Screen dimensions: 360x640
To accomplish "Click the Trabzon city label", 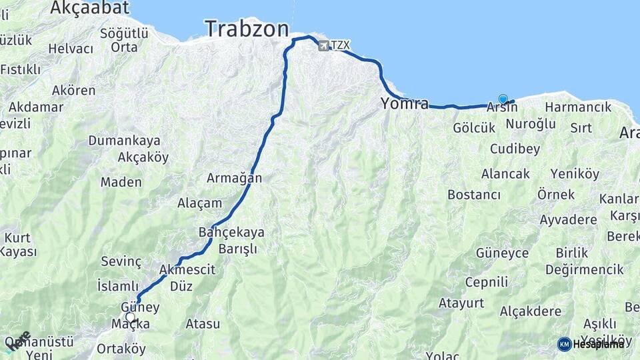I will point(247,29).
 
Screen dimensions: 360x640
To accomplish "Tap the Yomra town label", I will point(405,103).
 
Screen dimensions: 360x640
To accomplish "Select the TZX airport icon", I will point(324,45).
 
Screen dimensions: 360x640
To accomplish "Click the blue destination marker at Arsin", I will point(503,99).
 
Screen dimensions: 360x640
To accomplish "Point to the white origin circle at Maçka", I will point(129,317).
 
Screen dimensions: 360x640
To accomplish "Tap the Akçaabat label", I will point(90,8).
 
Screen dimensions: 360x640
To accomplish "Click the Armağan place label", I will point(234,178).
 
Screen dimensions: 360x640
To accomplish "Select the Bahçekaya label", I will point(231,232).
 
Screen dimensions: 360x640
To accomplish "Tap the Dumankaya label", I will point(125,141).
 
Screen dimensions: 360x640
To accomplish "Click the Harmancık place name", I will point(578,107).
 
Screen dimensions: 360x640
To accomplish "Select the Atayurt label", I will point(461,303).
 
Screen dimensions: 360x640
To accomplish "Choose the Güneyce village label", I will point(502,253).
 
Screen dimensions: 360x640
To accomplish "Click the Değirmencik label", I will point(585,269).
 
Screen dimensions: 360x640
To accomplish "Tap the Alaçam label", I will point(199,203).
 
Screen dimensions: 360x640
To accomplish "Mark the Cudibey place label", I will point(515,149).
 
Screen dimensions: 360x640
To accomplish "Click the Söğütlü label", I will point(123,33).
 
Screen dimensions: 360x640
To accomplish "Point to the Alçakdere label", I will point(530,311).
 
